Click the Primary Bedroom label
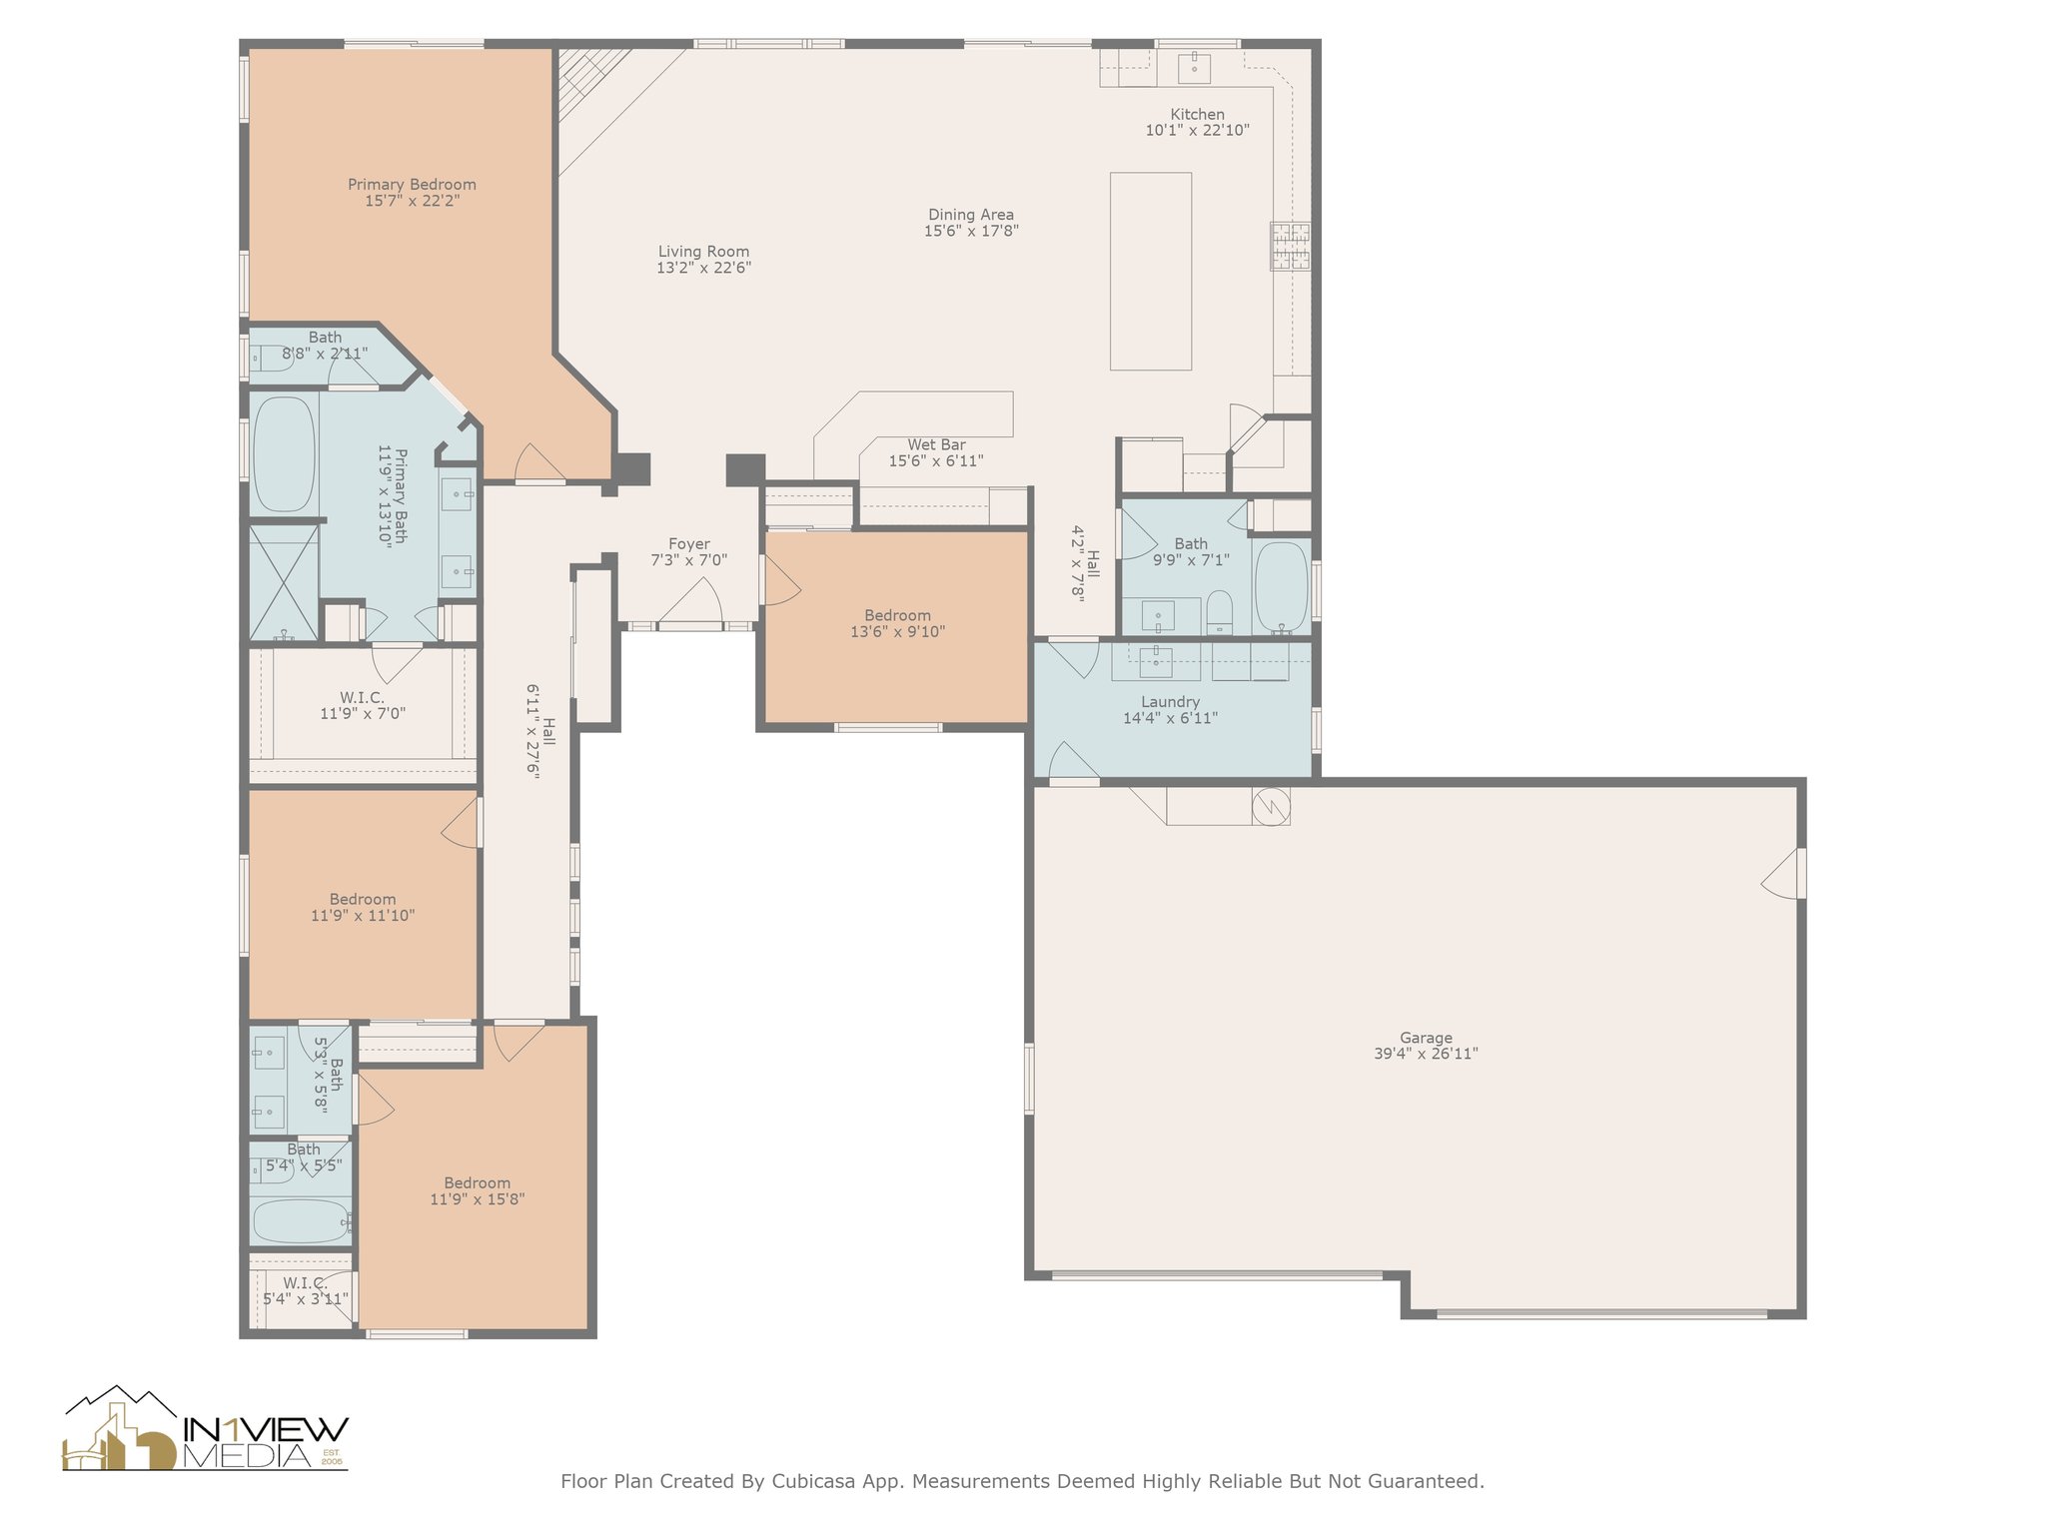pyautogui.click(x=412, y=185)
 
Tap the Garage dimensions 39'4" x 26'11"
pyautogui.click(x=1426, y=1054)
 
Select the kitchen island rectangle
pyautogui.click(x=1151, y=271)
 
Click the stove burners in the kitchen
pyautogui.click(x=1290, y=246)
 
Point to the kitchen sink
pyautogui.click(x=1194, y=68)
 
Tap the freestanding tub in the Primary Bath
pyautogui.click(x=284, y=454)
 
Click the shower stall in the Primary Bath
pyautogui.click(x=284, y=582)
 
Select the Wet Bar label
pyautogui.click(x=936, y=444)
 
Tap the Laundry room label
pyautogui.click(x=1170, y=702)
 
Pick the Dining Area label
pyautogui.click(x=971, y=215)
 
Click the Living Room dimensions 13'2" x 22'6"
pyautogui.click(x=703, y=268)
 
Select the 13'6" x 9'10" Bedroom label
pyautogui.click(x=897, y=623)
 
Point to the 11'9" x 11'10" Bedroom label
pyautogui.click(x=363, y=907)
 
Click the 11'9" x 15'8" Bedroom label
pyautogui.click(x=478, y=1190)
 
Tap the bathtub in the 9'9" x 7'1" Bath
pyautogui.click(x=1281, y=586)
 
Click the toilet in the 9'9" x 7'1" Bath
pyautogui.click(x=1220, y=612)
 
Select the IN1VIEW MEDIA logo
pyautogui.click(x=206, y=1429)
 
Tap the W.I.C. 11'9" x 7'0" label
pyautogui.click(x=362, y=705)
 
